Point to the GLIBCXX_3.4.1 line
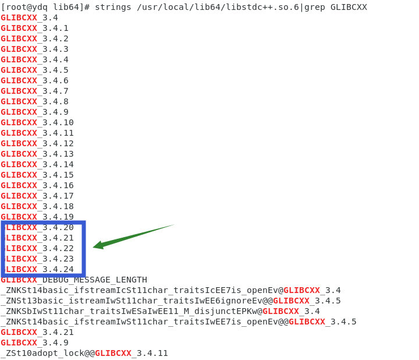(x=35, y=28)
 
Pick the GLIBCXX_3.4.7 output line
(x=35, y=91)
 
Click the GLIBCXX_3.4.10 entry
(x=37, y=122)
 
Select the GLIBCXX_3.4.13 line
(x=37, y=154)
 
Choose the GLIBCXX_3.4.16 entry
(x=37, y=185)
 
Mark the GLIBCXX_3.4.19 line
(x=37, y=217)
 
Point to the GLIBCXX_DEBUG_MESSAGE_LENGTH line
(x=74, y=280)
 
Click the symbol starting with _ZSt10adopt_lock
(x=84, y=353)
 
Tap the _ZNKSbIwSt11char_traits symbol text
(x=131, y=311)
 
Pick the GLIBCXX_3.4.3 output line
(x=35, y=49)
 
